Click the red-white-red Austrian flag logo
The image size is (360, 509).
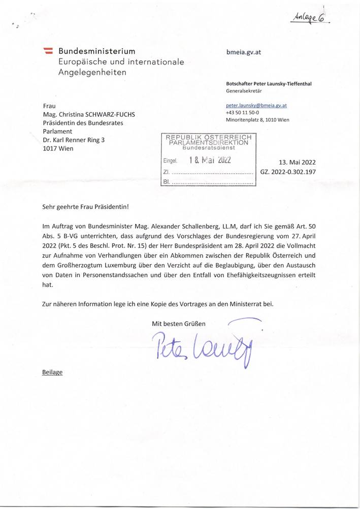click(x=49, y=51)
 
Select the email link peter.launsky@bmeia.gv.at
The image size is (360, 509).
click(x=256, y=106)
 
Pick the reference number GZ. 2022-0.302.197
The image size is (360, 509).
click(x=288, y=172)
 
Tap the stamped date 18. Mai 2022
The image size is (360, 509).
click(x=210, y=161)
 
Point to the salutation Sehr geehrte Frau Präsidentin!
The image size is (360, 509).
click(x=86, y=207)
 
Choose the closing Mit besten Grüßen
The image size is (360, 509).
click(x=179, y=323)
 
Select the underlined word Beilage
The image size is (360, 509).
click(x=52, y=372)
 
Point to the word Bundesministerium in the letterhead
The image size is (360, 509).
click(x=97, y=51)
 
